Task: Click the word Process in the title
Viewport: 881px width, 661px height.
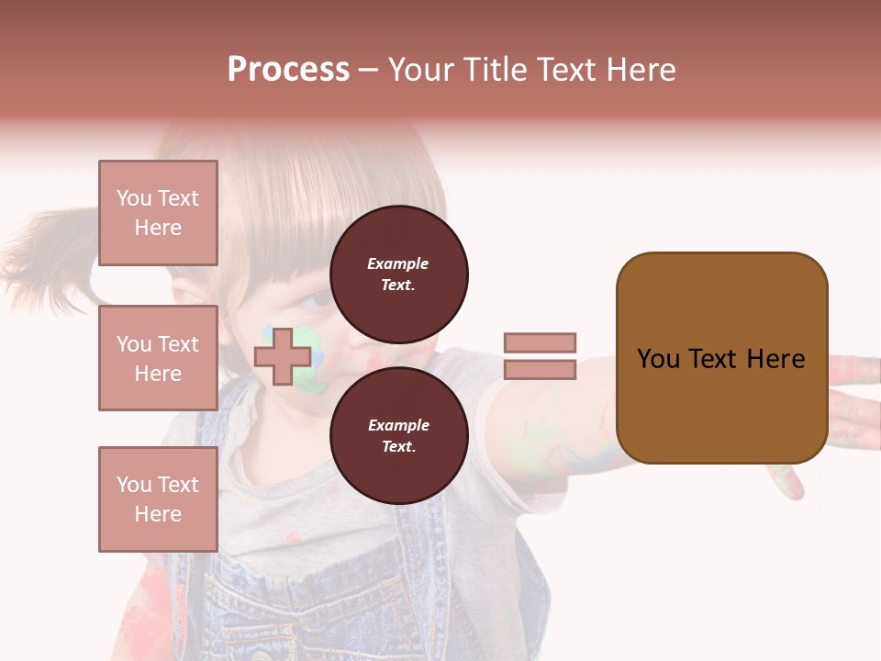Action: (x=288, y=70)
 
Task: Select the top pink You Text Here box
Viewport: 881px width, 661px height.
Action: (x=158, y=213)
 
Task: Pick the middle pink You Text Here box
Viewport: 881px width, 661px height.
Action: (x=158, y=358)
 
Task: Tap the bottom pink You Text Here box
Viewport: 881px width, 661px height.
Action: (x=158, y=499)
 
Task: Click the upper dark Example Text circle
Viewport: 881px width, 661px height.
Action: (x=398, y=274)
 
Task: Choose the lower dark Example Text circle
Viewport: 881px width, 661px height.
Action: (x=398, y=435)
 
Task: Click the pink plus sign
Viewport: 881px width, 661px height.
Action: (x=283, y=356)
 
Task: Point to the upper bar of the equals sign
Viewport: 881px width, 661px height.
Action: (x=540, y=342)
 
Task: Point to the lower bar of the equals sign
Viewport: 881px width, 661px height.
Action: (x=540, y=370)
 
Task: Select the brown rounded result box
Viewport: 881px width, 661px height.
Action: (x=721, y=358)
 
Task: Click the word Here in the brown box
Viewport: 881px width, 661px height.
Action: (x=775, y=359)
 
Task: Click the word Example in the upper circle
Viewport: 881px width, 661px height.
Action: (x=398, y=263)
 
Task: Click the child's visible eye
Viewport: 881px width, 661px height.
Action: (x=317, y=298)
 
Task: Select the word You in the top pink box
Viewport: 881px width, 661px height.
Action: (x=133, y=198)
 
